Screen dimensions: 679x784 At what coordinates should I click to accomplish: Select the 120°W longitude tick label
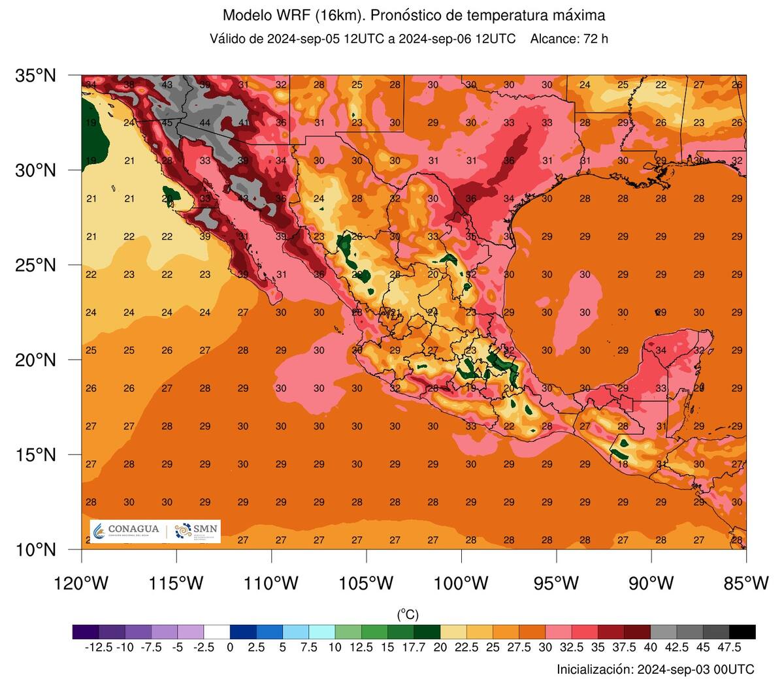click(x=81, y=583)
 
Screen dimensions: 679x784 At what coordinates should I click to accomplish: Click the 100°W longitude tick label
click(x=461, y=583)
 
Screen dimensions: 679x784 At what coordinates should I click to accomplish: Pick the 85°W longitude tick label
click(x=746, y=583)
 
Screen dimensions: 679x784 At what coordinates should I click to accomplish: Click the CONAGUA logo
click(x=127, y=531)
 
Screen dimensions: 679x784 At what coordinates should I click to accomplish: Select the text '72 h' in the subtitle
click(x=595, y=39)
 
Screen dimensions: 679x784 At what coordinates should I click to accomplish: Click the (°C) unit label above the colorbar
click(x=408, y=614)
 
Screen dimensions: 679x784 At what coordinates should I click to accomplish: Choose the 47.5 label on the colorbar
click(x=729, y=648)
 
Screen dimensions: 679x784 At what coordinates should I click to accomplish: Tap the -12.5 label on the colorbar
click(x=99, y=648)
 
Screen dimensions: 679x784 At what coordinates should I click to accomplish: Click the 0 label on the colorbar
click(x=230, y=648)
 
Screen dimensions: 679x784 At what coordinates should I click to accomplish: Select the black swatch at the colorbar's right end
click(x=742, y=631)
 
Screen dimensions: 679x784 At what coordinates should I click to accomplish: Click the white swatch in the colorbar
click(x=217, y=631)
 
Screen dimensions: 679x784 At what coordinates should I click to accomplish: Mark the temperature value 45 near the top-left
click(x=167, y=123)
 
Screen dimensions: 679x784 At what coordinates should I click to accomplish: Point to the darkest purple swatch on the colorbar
click(x=86, y=631)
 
